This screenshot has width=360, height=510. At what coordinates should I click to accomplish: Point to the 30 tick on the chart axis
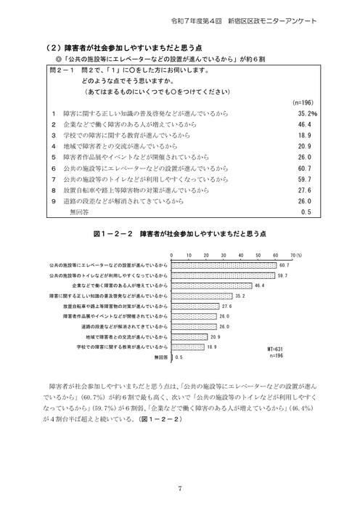point(224,256)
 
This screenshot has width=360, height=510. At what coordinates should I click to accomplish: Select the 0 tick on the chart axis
point(172,256)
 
